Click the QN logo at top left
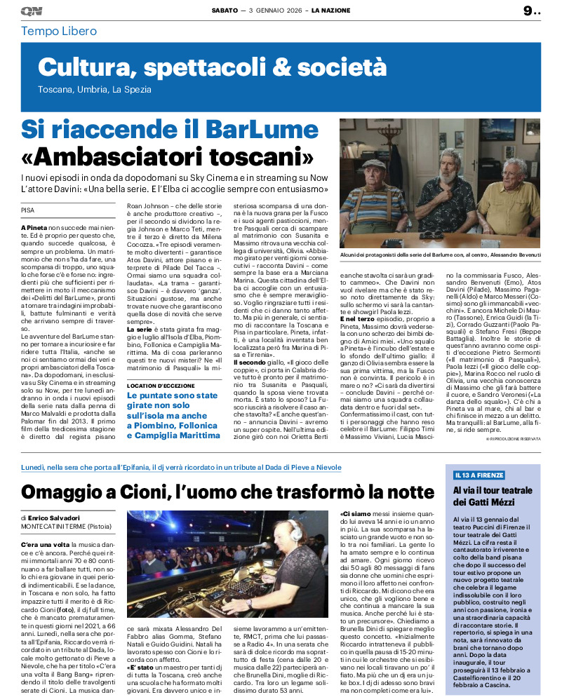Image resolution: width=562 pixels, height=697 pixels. (31, 11)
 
